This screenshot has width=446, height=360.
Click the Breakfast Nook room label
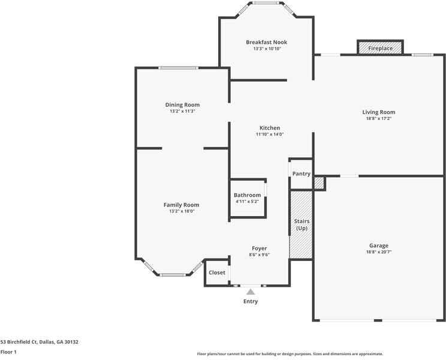(x=267, y=42)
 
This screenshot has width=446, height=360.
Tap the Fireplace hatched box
(x=380, y=47)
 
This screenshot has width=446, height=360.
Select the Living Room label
(x=379, y=112)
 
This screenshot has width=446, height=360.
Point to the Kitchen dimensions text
(x=270, y=134)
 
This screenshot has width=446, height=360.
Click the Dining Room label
(x=182, y=105)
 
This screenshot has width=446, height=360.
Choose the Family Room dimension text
(x=182, y=211)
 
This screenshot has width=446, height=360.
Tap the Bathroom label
(x=247, y=195)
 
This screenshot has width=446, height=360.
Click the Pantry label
(x=301, y=173)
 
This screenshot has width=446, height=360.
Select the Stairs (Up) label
(x=302, y=224)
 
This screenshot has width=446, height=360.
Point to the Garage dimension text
(x=379, y=252)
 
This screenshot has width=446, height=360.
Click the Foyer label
(x=260, y=248)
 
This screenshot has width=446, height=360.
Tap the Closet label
(x=217, y=272)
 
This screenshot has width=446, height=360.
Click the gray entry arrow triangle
(x=251, y=292)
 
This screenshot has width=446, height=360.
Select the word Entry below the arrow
(x=251, y=301)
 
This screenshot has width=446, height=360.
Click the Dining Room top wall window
(x=179, y=68)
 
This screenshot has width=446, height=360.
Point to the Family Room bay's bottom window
(x=173, y=275)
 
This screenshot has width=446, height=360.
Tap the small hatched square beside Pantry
(x=319, y=183)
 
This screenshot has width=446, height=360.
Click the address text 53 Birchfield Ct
(x=19, y=342)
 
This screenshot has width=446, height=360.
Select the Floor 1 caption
(x=8, y=352)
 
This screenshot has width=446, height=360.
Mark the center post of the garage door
(x=378, y=320)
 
